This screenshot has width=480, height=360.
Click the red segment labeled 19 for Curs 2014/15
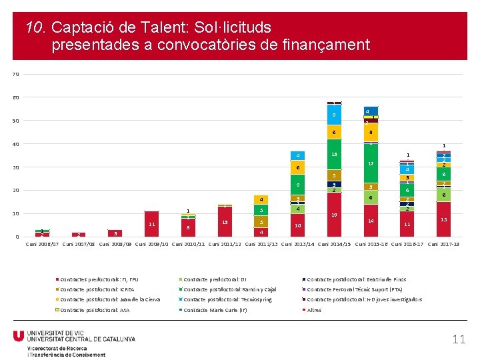pyautogui.click(x=334, y=215)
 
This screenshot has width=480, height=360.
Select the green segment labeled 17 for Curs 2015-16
pyautogui.click(x=371, y=163)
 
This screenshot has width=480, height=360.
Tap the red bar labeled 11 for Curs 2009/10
pyautogui.click(x=152, y=224)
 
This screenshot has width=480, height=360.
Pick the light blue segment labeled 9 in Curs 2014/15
pyautogui.click(x=334, y=115)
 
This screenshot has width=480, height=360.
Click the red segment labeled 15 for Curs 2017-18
pyautogui.click(x=443, y=219)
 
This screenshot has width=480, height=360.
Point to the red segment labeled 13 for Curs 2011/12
pyautogui.click(x=225, y=222)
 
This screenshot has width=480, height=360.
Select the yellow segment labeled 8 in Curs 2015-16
pyautogui.click(x=371, y=133)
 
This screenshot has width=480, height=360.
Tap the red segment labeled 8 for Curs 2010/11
pyautogui.click(x=189, y=227)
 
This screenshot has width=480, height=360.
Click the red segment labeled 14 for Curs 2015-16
pyautogui.click(x=371, y=221)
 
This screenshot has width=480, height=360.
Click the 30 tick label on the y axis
pyautogui.click(x=15, y=167)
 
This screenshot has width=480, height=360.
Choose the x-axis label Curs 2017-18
pyautogui.click(x=443, y=244)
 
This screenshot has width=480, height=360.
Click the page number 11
pyautogui.click(x=459, y=339)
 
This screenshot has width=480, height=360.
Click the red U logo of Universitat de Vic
pyautogui.click(x=19, y=336)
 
